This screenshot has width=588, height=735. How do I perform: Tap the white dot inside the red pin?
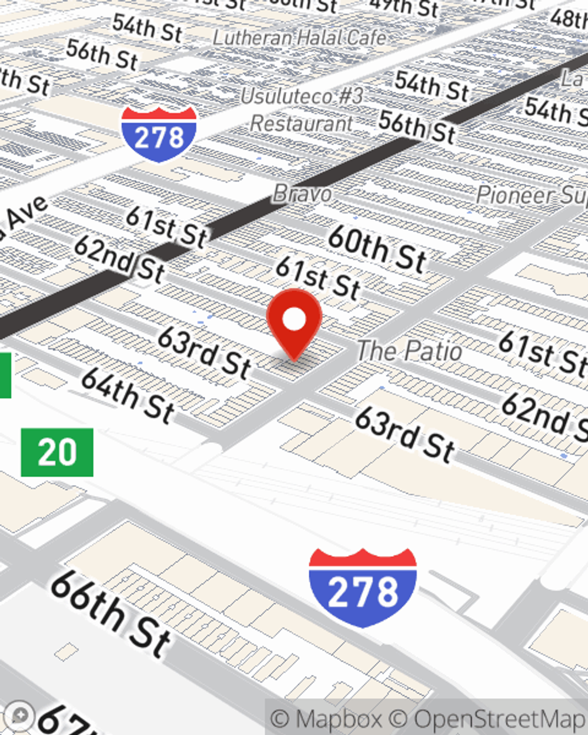tap(294, 320)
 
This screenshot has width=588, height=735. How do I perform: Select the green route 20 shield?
tap(57, 452)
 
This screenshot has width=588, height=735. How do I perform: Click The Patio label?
tap(410, 351)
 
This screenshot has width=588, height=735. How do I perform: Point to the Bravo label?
tap(302, 193)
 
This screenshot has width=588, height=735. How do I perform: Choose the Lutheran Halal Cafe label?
tap(299, 38)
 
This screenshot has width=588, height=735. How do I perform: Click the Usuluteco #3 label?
tap(302, 96)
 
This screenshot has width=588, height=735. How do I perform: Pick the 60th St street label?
tap(377, 249)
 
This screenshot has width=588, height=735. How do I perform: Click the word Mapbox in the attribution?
tap(339, 719)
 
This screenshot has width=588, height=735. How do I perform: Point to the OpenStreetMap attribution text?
tap(500, 719)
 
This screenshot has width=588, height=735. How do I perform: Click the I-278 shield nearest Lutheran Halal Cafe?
tap(159, 135)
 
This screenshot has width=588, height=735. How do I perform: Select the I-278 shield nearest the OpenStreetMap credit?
tap(363, 588)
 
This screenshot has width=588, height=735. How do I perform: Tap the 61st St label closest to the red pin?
tap(318, 278)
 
